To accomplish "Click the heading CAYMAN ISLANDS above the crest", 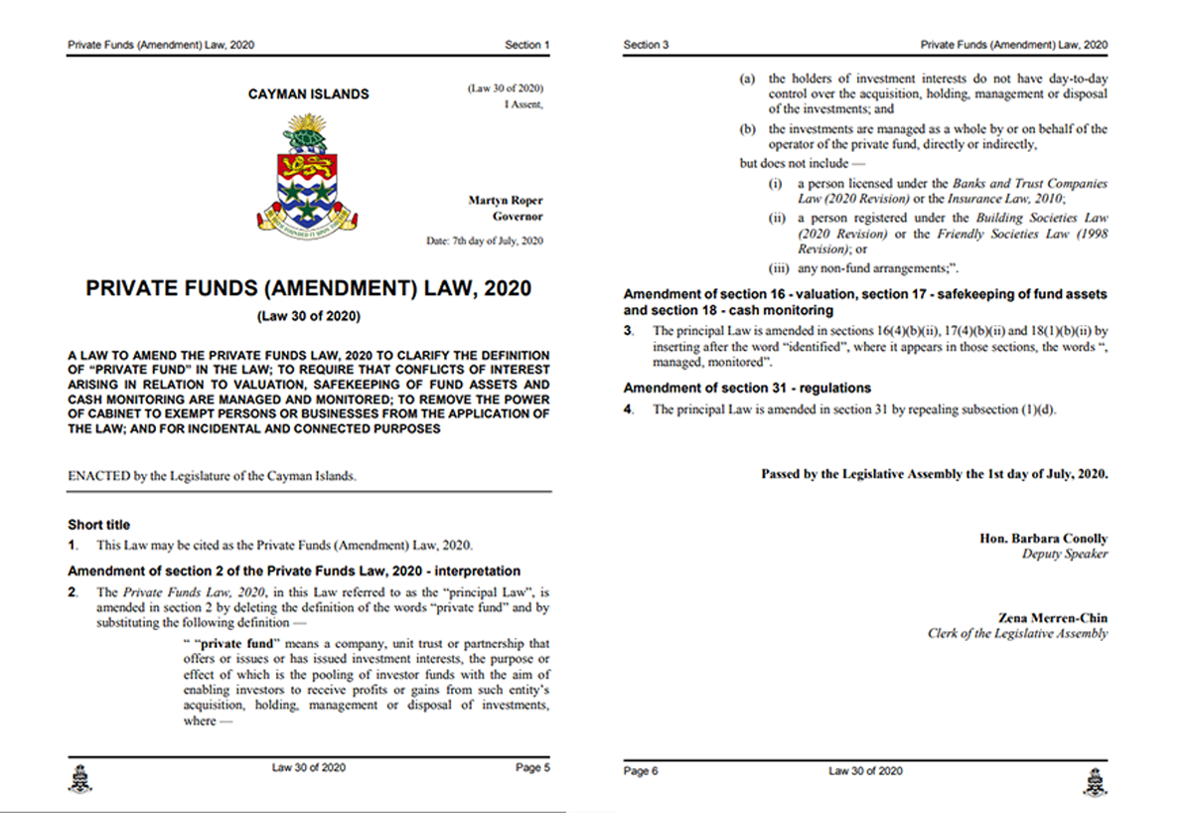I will pos(308,94).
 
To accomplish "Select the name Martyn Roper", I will pos(506,201).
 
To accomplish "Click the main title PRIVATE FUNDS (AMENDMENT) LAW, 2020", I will pos(308,289).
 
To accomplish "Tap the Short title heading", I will pos(98,525).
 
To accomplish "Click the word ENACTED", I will pos(98,476).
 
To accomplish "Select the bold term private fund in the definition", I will pos(235,644).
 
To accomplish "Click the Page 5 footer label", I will pos(527,767).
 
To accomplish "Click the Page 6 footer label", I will pos(641,771).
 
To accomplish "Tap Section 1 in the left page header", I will pos(526,45).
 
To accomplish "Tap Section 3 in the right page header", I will pos(646,45).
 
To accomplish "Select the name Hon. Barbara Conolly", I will pos(1043,539).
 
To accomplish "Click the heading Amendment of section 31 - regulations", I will pos(747,388).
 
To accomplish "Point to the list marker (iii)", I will pos(779,267).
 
